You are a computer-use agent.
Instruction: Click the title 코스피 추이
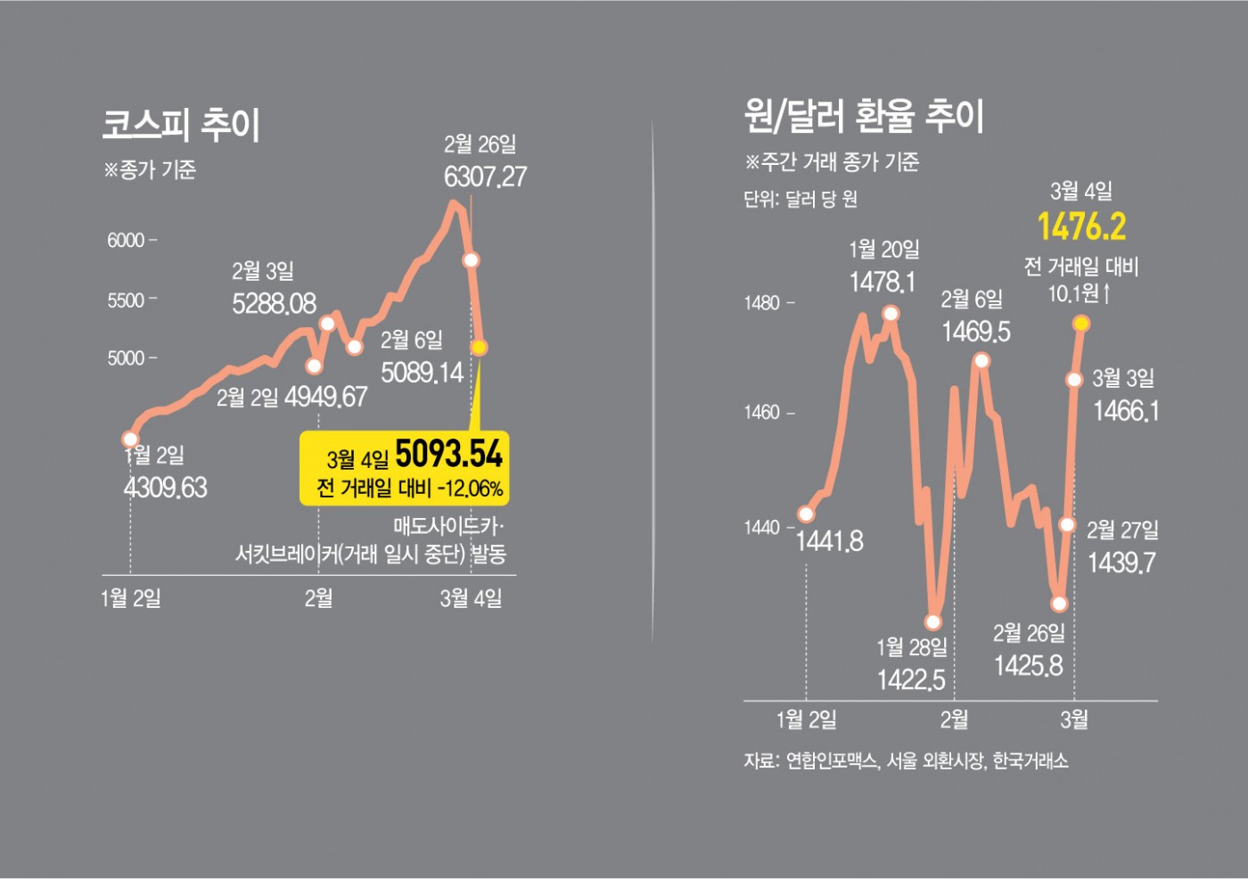(x=181, y=125)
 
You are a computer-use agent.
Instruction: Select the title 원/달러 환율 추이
(x=864, y=116)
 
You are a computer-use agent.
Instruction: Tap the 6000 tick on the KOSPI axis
(x=126, y=241)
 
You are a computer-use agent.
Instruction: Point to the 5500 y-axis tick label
(x=126, y=300)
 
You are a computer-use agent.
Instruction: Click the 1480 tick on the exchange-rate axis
(x=762, y=303)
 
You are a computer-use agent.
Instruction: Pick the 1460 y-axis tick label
(x=762, y=412)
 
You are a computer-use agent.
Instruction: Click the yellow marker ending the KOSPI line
(x=479, y=348)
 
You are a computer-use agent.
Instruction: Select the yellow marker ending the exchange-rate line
(x=1082, y=324)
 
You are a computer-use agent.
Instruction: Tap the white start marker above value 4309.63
(x=130, y=439)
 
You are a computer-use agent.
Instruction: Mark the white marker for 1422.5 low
(x=933, y=621)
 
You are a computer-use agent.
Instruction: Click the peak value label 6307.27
(x=485, y=177)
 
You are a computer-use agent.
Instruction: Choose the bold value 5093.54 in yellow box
(x=448, y=455)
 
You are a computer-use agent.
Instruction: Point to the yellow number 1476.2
(x=1081, y=226)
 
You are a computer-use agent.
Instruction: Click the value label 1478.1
(x=882, y=283)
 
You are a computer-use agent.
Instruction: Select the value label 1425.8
(x=1029, y=666)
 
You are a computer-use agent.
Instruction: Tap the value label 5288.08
(x=274, y=304)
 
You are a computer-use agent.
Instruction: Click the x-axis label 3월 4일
(x=471, y=598)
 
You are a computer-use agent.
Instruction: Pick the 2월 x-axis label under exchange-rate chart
(x=954, y=719)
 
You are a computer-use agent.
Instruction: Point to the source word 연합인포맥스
(x=832, y=760)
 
